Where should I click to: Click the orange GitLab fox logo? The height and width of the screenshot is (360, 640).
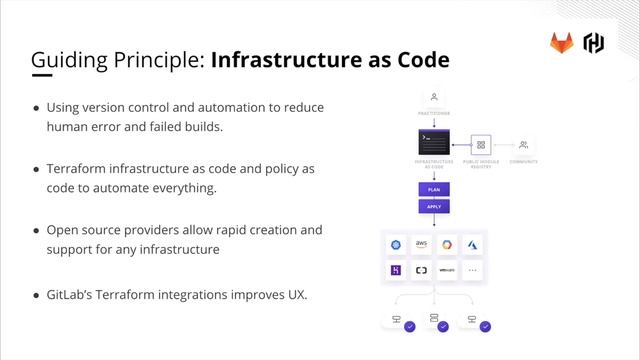pos(561,42)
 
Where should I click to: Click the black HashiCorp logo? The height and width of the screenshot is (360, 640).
pos(594,42)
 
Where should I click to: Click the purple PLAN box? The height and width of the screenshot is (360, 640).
pos(434,187)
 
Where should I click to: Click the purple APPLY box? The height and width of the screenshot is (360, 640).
pos(434,206)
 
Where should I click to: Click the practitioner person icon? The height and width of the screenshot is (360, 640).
pos(434,98)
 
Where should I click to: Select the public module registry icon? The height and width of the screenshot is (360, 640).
pos(480,144)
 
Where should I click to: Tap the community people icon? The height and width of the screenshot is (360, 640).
pos(524,144)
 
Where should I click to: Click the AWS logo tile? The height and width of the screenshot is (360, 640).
pos(421,245)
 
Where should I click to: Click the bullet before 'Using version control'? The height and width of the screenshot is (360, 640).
pos(37,108)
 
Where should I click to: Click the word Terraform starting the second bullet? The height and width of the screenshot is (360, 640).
pos(81,169)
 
